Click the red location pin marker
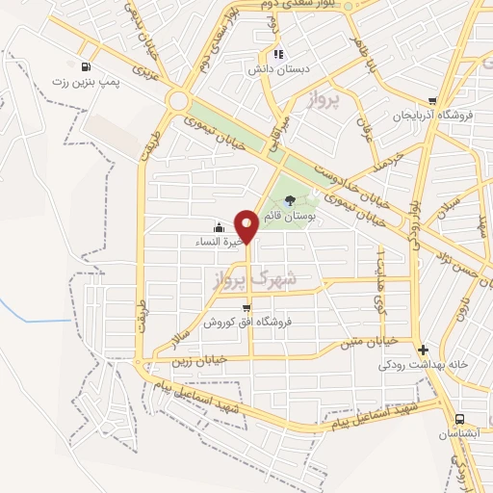point(247,225)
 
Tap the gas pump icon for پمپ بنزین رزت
point(88,67)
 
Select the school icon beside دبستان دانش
point(278,54)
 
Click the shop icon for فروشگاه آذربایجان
point(433,101)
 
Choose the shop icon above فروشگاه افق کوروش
point(246,308)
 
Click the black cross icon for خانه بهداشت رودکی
point(423,349)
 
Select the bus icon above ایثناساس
point(459,419)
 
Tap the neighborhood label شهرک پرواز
point(252,276)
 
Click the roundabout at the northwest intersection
point(177,100)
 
